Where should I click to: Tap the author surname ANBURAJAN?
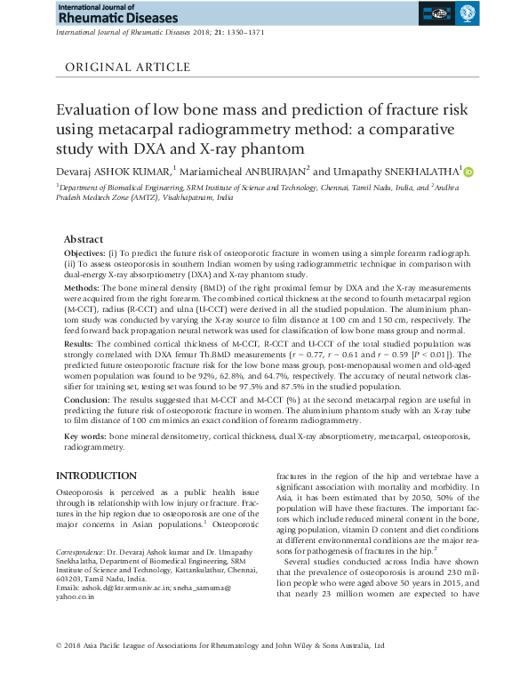(268, 172)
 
